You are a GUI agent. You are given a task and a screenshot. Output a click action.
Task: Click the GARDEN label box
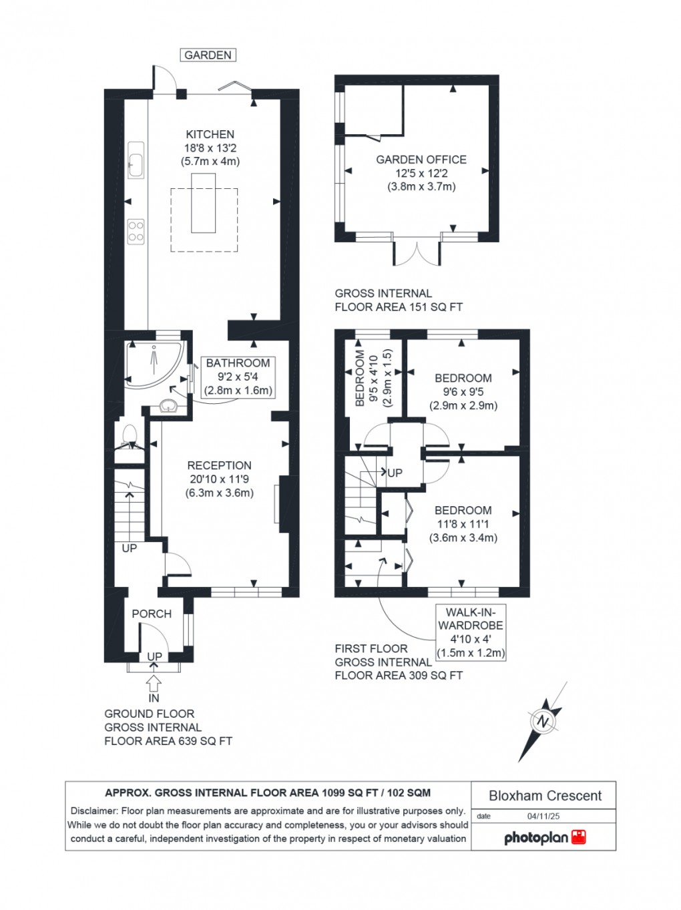click(x=208, y=55)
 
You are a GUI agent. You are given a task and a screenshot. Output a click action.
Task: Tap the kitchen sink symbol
click(x=136, y=160)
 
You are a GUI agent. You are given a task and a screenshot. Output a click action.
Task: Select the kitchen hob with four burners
click(x=136, y=231)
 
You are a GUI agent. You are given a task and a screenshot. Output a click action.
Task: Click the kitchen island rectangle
click(x=204, y=203)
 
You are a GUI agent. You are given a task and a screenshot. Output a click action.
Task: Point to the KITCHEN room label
click(x=210, y=134)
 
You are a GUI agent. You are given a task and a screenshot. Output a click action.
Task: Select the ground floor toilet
click(x=130, y=437)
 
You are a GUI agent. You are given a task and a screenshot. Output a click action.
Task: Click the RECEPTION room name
click(x=219, y=465)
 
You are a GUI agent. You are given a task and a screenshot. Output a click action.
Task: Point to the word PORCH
click(x=152, y=614)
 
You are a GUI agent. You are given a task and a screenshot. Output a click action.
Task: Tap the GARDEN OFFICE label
click(x=421, y=160)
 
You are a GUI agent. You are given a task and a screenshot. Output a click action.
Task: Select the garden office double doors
click(x=417, y=253)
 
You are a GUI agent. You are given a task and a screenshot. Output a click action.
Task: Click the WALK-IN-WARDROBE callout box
click(x=470, y=632)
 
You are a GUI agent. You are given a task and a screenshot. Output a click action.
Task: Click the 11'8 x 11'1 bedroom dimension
click(x=463, y=524)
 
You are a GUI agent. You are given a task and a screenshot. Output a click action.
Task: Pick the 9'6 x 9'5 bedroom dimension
click(x=463, y=392)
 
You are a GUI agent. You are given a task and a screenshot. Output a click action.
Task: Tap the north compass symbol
click(x=543, y=722)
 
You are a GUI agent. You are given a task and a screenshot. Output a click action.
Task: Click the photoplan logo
click(x=544, y=837)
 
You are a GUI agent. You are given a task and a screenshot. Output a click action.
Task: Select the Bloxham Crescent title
click(x=545, y=796)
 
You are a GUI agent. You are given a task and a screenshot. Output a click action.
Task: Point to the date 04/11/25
click(x=543, y=816)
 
